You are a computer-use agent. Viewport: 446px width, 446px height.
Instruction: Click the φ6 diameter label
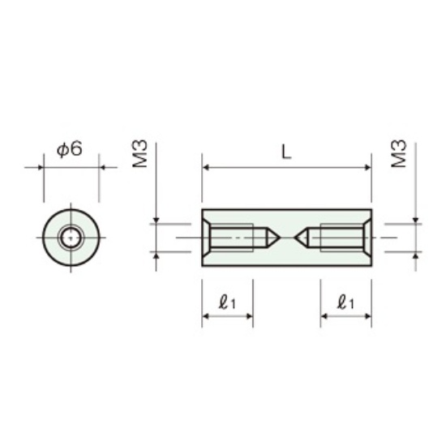point(70,148)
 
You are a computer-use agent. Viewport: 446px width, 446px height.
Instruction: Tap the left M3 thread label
point(140,153)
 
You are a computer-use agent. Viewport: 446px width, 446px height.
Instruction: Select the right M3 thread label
point(399,153)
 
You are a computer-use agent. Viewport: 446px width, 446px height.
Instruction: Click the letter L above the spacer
point(286,152)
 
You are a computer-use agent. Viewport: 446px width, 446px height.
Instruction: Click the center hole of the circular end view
point(71,238)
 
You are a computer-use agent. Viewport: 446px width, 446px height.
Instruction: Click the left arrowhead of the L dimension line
point(206,168)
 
